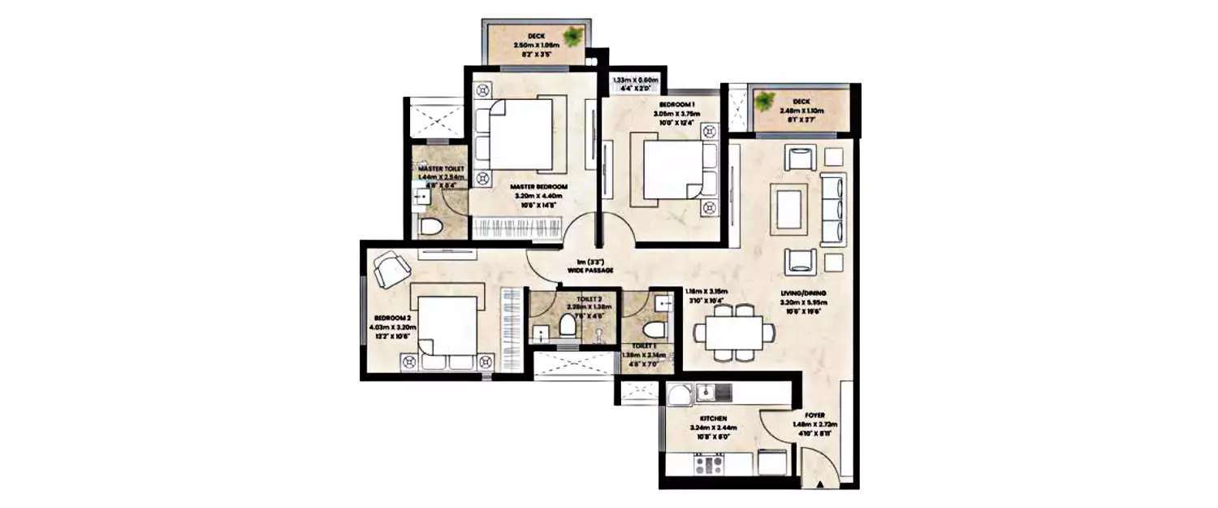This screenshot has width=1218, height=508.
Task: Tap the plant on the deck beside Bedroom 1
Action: (x=764, y=102)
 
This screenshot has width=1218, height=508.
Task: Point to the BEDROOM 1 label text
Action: (x=659, y=106)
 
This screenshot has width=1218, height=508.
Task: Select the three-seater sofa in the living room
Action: (x=833, y=208)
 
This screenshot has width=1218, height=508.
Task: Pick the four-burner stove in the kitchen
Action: (x=708, y=466)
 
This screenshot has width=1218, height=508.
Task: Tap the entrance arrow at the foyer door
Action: (x=822, y=484)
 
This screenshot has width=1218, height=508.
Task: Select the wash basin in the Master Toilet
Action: (x=421, y=196)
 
